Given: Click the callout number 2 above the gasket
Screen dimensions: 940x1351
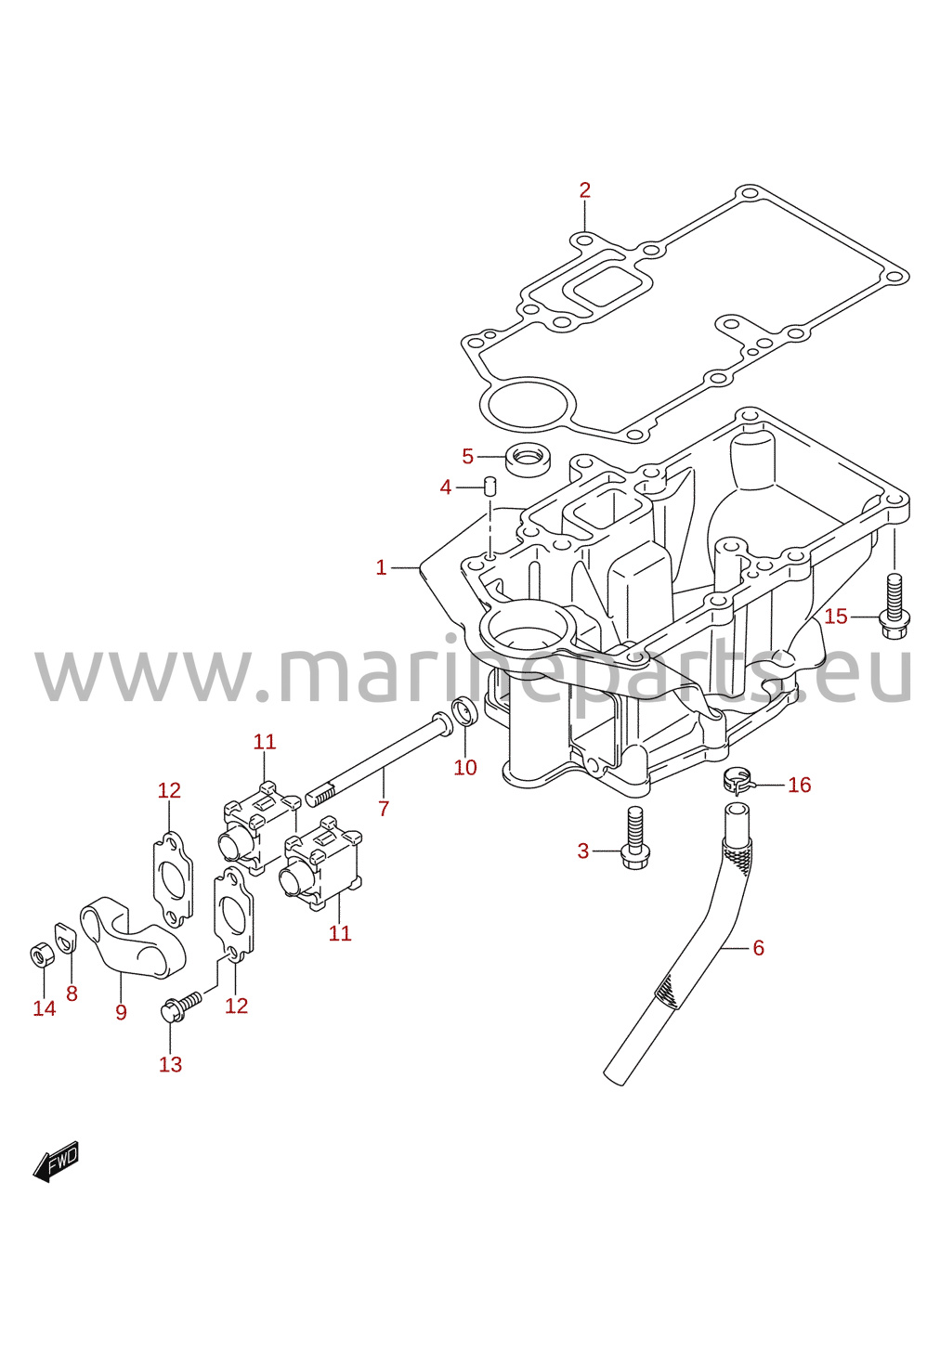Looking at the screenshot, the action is point(584,190).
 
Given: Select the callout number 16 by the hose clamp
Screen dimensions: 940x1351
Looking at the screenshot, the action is point(800,785).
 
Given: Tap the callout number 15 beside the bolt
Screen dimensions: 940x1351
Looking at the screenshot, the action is point(836,617).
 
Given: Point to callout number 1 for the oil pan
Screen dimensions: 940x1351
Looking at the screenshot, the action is point(381,567).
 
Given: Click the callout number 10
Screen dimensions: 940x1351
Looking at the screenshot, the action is point(465,767).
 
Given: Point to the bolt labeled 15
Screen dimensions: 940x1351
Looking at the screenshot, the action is point(894,606).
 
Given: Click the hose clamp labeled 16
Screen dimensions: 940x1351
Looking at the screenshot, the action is point(736,780).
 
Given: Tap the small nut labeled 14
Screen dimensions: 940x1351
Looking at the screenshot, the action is point(42,955).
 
